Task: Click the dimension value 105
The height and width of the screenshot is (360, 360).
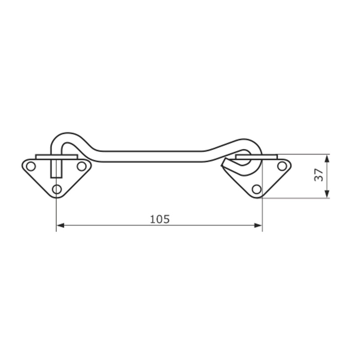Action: (x=160, y=219)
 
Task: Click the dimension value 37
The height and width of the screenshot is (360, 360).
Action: (x=319, y=175)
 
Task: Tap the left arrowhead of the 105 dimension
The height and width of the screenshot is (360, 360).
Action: (x=60, y=225)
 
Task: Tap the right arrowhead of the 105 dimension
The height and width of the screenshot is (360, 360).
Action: (x=258, y=225)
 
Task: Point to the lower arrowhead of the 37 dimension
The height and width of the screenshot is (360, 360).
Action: (x=328, y=194)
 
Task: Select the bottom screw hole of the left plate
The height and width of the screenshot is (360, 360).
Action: (x=57, y=189)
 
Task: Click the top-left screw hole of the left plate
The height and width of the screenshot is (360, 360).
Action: (x=31, y=166)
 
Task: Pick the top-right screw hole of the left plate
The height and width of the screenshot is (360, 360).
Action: (x=81, y=166)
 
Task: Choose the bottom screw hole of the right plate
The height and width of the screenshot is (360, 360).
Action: (x=256, y=189)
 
